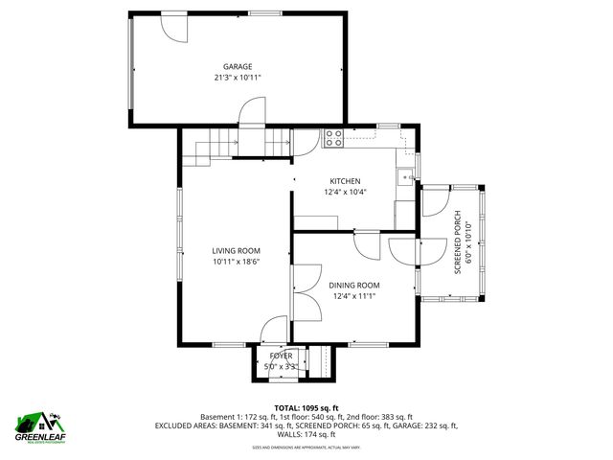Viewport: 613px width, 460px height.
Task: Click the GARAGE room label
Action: point(238,66)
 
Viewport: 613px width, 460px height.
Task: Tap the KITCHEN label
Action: point(345,181)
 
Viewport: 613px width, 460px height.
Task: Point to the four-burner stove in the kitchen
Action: point(334,138)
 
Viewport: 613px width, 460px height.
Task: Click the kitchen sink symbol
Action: point(407,175)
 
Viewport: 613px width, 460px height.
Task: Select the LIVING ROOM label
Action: point(237,250)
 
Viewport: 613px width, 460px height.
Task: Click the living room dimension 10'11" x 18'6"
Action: point(237,262)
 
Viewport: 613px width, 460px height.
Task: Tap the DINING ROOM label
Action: point(354,285)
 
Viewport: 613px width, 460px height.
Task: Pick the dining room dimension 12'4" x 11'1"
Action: point(354,296)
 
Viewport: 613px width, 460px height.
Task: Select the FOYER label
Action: point(281,356)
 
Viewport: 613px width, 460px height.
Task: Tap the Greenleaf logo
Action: point(39,424)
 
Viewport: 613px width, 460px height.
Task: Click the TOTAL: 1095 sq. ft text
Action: point(306,407)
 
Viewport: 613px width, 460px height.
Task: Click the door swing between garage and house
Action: point(251,112)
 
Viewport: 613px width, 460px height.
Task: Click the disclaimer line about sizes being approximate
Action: point(306,447)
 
